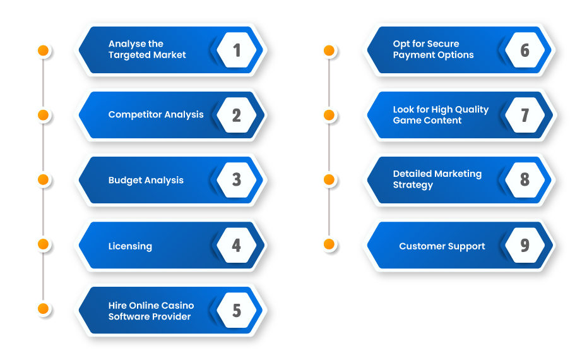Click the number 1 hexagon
(x=237, y=50)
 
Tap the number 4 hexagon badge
(x=237, y=246)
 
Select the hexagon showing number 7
(x=525, y=115)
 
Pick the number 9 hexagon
(x=525, y=246)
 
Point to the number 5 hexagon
(x=237, y=310)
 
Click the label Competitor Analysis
(x=156, y=114)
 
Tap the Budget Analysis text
(x=146, y=180)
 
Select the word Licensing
(x=130, y=246)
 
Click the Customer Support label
(x=442, y=246)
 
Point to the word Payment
(x=410, y=55)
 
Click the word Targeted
(x=126, y=55)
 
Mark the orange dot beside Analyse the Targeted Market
(x=43, y=50)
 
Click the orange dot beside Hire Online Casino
(x=43, y=309)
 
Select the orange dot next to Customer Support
(x=329, y=244)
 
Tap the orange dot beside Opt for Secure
(x=329, y=50)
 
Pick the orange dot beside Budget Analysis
(x=43, y=179)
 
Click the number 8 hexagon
(x=525, y=180)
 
